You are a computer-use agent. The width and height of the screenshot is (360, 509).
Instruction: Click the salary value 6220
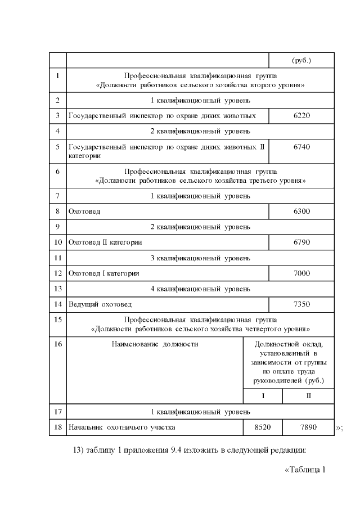click(x=301, y=116)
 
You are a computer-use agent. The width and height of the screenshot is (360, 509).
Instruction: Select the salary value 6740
click(x=301, y=147)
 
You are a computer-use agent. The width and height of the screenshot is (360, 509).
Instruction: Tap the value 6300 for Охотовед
click(x=301, y=211)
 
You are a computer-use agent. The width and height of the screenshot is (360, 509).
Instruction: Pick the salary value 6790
click(x=301, y=242)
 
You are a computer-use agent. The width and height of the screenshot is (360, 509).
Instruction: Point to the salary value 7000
click(x=301, y=273)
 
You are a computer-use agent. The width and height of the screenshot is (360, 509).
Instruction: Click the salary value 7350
click(x=301, y=304)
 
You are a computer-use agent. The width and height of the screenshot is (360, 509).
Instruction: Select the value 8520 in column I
click(x=263, y=427)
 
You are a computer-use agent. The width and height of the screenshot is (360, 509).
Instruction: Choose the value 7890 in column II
click(x=308, y=427)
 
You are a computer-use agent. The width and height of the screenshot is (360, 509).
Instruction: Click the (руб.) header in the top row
click(x=301, y=60)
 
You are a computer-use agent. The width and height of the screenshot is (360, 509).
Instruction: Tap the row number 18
click(x=58, y=427)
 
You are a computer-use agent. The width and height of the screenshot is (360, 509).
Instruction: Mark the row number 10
click(x=58, y=242)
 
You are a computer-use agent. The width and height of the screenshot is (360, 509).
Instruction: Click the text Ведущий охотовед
click(x=100, y=304)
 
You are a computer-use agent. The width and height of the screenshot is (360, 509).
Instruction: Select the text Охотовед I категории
click(x=103, y=273)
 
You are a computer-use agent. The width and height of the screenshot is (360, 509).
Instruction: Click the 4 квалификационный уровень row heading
click(x=200, y=289)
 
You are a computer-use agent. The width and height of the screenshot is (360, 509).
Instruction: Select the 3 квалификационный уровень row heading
click(x=200, y=258)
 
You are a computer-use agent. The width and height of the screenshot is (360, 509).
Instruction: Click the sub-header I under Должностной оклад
click(x=263, y=396)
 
